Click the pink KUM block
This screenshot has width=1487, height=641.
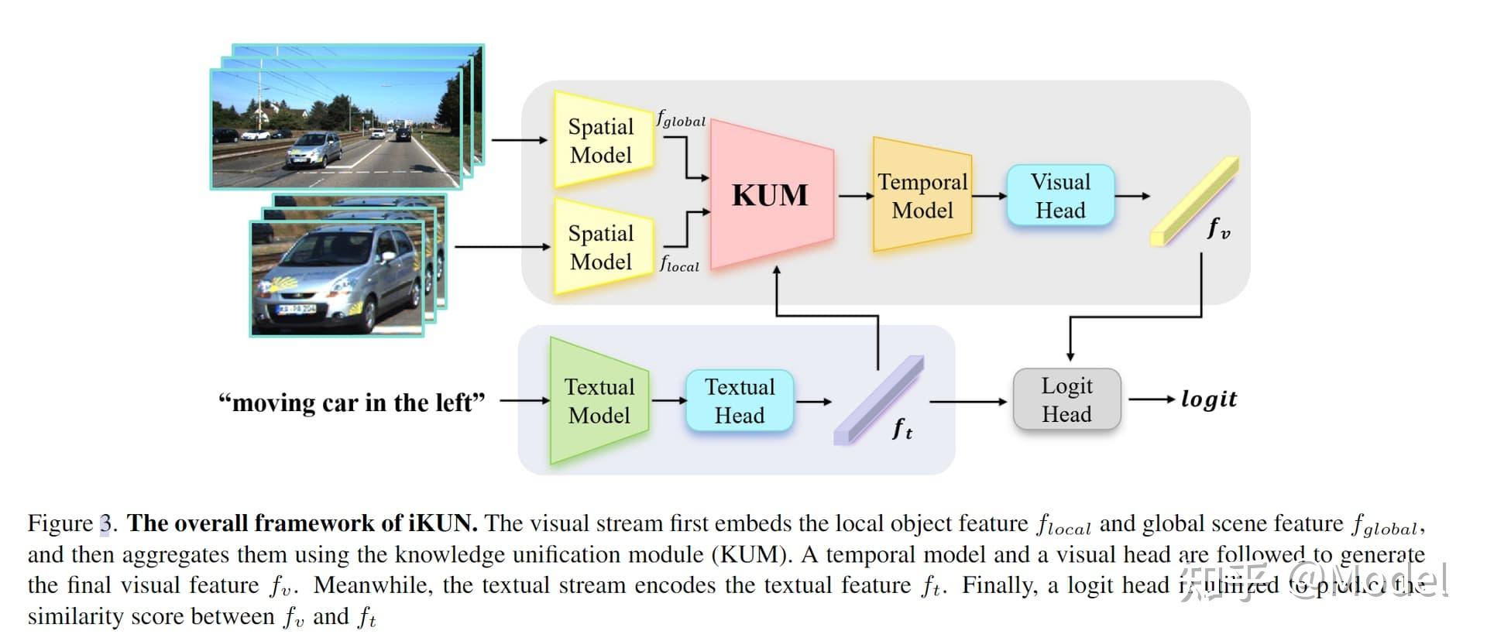coord(771,194)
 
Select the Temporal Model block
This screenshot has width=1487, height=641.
coord(922,195)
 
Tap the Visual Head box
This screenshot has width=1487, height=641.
coord(1059,195)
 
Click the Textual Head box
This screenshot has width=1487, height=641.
coord(739,400)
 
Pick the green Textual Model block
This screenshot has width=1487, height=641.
coord(599,400)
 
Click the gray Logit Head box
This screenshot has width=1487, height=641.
coord(1066,399)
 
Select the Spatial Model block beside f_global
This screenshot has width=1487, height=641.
coord(602,140)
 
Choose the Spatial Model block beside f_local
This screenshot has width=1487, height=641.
coord(602,246)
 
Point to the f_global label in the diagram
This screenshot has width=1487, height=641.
coord(681,119)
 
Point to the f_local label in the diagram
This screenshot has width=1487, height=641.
coord(679,264)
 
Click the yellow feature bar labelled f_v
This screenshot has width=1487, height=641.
coord(1193,201)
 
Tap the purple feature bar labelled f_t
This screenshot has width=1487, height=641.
coord(878,400)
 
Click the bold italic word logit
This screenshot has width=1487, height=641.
coord(1208,399)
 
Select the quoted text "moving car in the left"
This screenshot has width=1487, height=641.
coord(352,403)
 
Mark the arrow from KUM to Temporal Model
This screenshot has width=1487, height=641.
coord(854,196)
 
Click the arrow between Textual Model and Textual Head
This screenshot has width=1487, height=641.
coord(668,400)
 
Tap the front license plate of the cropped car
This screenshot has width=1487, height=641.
coord(297,309)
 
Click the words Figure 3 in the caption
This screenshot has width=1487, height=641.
coord(71,523)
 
